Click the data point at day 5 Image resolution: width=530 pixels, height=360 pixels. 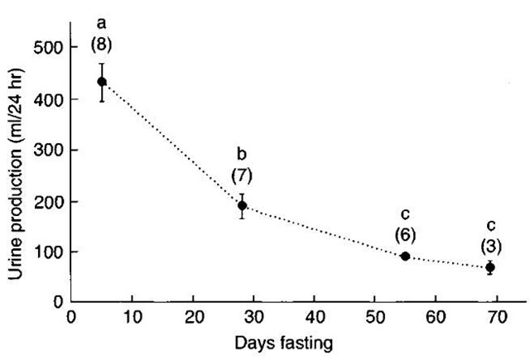(102, 81)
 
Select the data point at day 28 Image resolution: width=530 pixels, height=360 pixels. (243, 205)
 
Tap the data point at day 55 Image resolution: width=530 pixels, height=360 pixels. (406, 257)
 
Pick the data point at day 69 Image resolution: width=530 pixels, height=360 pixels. (490, 267)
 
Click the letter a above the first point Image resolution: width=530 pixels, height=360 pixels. (102, 23)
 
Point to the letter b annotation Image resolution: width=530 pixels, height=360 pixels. (242, 155)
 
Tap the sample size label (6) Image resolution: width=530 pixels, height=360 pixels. (406, 235)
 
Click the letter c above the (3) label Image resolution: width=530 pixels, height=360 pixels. (490, 225)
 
